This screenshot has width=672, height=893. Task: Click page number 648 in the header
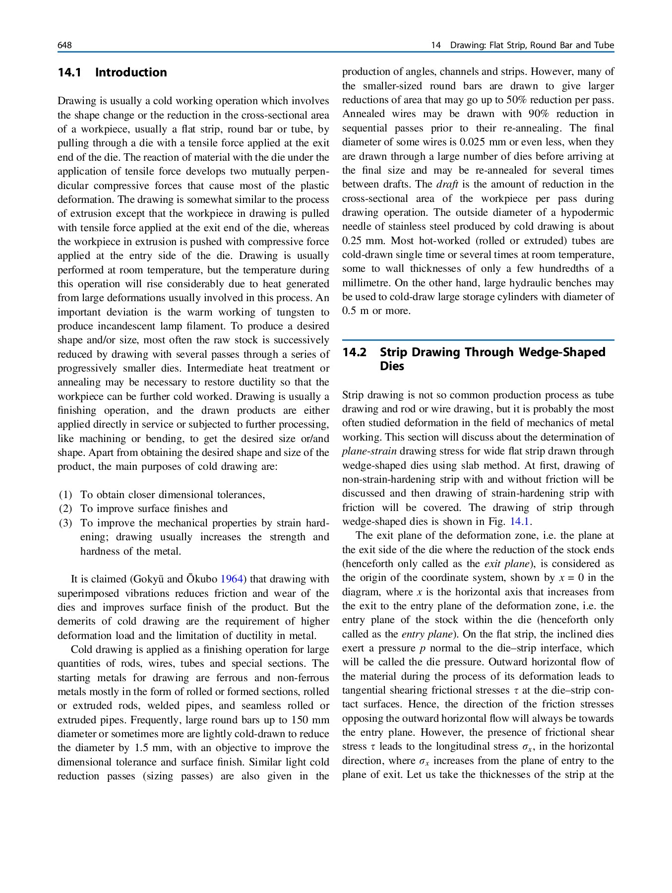[x=64, y=45]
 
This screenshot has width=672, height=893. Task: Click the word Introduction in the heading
[x=131, y=72]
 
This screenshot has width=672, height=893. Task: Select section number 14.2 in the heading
[x=354, y=352]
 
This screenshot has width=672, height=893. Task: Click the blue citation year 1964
[x=231, y=579]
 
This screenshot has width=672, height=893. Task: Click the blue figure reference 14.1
[x=520, y=521]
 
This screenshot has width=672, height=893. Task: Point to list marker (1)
[x=65, y=495]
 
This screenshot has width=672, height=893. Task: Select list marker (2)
[x=65, y=509]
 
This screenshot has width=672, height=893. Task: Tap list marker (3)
[x=65, y=523]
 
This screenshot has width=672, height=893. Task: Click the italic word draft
[x=447, y=184]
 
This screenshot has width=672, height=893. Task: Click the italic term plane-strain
[x=369, y=451]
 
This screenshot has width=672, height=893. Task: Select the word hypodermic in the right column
[x=587, y=212]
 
